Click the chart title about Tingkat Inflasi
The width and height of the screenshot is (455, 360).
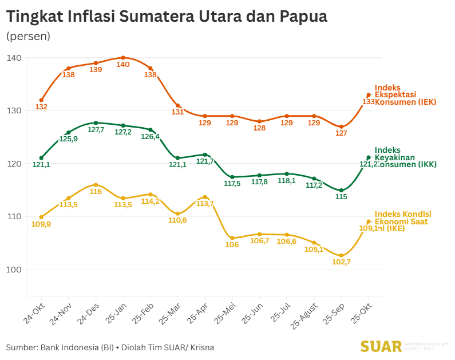coord(167,17)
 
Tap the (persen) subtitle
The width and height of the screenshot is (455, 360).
coord(28,36)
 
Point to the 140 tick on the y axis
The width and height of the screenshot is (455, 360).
coord(15,58)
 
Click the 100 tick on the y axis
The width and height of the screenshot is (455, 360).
coord(15,270)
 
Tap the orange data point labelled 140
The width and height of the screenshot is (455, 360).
coord(123,58)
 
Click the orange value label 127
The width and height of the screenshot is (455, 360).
coord(342,133)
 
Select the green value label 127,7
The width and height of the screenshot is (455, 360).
coord(96,130)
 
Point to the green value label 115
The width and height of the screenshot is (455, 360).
coord(341,196)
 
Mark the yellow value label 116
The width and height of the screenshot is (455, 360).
coord(96,192)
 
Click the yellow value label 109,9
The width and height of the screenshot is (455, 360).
coord(41,224)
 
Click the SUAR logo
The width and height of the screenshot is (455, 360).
coord(381,346)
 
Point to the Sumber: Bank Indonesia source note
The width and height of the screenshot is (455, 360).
coord(110,347)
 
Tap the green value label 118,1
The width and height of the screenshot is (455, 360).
coord(287,181)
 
